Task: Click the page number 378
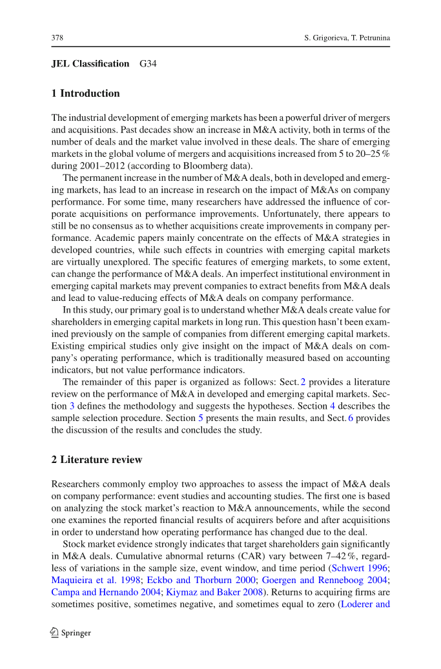coord(57,37)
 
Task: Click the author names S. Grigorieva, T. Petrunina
coord(347,37)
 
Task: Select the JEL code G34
coord(149,64)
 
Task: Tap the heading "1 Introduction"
coord(85,94)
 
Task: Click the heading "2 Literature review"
coord(96,460)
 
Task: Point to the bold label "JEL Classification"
coord(90,64)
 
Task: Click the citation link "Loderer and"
coord(365,604)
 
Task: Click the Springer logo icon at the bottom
coord(55,633)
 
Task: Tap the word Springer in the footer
coord(76,633)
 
